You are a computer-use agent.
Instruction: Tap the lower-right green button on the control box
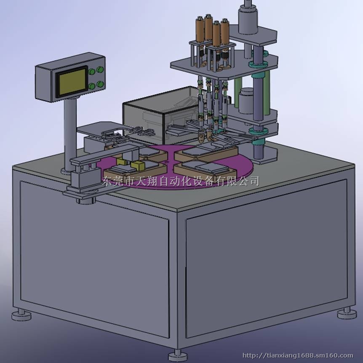point(101,84)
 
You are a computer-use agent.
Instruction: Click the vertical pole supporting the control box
point(69,134)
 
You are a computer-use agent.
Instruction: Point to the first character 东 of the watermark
point(107,181)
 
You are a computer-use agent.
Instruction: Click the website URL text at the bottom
point(297,355)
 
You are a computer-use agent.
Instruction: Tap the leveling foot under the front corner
point(178,355)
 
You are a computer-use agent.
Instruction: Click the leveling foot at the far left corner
point(21,315)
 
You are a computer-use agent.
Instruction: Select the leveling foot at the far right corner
point(347,313)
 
